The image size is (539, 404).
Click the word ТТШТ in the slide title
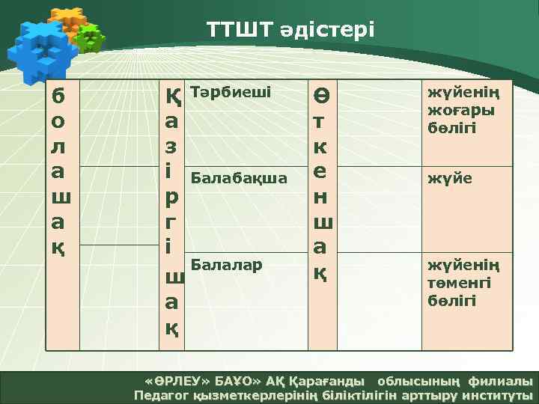click(232, 31)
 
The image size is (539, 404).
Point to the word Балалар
click(227, 264)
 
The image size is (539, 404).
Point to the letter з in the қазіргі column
click(171, 145)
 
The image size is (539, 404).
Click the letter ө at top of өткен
click(320, 96)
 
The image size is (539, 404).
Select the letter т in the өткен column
click(320, 120)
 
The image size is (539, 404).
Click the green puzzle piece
click(91, 37)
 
